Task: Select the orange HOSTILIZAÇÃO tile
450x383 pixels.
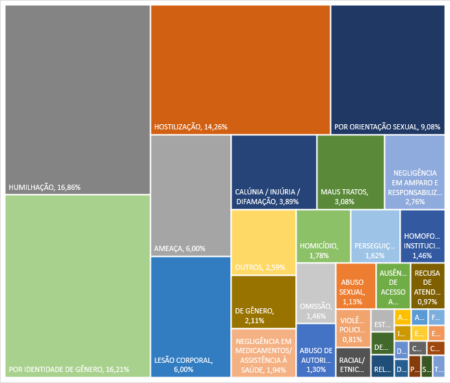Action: [240, 68]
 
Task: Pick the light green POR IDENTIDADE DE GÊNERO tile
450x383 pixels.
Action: [77, 286]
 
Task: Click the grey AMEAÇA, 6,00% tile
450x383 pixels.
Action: [191, 195]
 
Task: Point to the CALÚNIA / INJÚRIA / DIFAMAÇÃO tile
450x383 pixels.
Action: [274, 172]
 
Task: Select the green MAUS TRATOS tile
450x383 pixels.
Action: [350, 172]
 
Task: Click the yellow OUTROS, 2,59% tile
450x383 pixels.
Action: [263, 243]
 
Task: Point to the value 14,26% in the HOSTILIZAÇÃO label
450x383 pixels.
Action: [215, 126]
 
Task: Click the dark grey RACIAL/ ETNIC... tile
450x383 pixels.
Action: [353, 362]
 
